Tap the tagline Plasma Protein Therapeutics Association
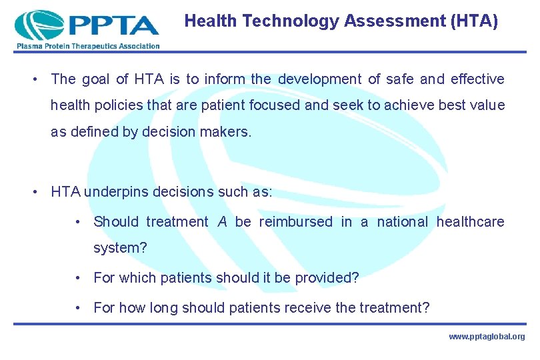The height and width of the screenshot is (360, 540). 86,46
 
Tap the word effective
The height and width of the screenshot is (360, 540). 477,79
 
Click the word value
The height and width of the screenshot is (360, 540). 486,105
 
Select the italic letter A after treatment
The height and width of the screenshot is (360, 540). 222,221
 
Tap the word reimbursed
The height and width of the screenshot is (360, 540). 295,221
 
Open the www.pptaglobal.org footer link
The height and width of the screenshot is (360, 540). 487,337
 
